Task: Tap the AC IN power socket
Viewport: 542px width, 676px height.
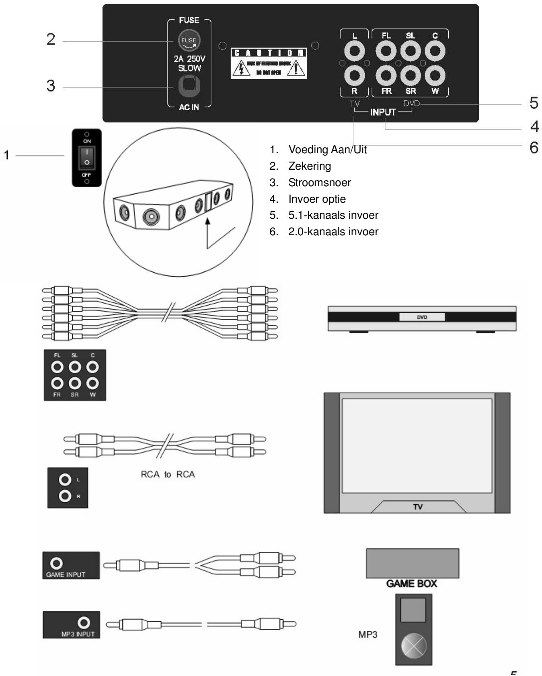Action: pos(189,86)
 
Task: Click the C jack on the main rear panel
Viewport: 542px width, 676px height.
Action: pos(435,51)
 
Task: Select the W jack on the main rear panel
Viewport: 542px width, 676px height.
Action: pos(435,75)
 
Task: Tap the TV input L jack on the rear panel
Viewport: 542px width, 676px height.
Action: pos(354,51)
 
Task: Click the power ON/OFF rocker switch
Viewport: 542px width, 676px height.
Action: pos(87,157)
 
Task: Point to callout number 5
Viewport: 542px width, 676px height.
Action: pos(534,103)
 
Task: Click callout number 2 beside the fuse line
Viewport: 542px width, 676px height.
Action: pos(51,39)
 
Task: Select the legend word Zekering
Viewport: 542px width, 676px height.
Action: pos(310,166)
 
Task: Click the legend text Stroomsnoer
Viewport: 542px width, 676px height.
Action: pos(319,183)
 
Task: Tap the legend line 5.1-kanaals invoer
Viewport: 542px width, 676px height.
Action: pos(333,215)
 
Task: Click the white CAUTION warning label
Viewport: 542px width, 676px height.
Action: pos(268,64)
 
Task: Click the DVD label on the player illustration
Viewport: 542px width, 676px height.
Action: pos(422,317)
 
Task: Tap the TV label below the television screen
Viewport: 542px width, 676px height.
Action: pos(418,507)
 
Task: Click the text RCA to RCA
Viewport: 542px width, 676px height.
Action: pos(168,475)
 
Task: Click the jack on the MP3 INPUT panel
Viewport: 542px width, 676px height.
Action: pos(84,623)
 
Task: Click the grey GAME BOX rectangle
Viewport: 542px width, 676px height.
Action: pos(412,563)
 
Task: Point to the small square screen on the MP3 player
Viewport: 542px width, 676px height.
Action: pos(413,610)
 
